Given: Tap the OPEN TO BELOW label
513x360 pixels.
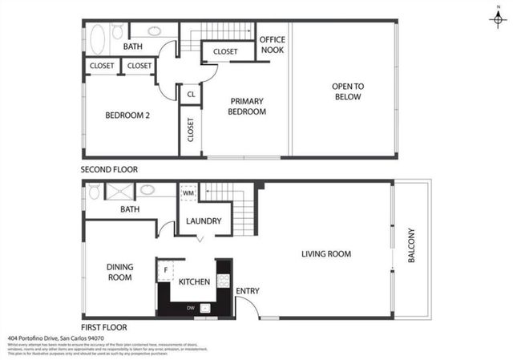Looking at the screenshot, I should [x=347, y=91].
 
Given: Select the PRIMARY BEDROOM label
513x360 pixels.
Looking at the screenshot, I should [x=248, y=107].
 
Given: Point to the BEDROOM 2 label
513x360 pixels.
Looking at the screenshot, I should [x=127, y=115].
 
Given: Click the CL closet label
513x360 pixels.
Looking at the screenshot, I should [x=191, y=94].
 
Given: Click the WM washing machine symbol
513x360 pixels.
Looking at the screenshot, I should [x=189, y=193].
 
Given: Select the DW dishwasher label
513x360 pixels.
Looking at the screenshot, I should [x=189, y=307].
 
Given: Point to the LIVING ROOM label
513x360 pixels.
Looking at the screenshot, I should [x=326, y=254].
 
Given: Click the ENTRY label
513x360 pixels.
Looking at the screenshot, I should [x=248, y=291].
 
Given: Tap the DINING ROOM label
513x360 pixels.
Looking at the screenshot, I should [x=119, y=272].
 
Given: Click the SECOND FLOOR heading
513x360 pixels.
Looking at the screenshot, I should [x=109, y=169].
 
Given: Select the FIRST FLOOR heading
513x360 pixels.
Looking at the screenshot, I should [x=104, y=327].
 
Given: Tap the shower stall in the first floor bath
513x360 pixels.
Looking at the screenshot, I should [x=118, y=191].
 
